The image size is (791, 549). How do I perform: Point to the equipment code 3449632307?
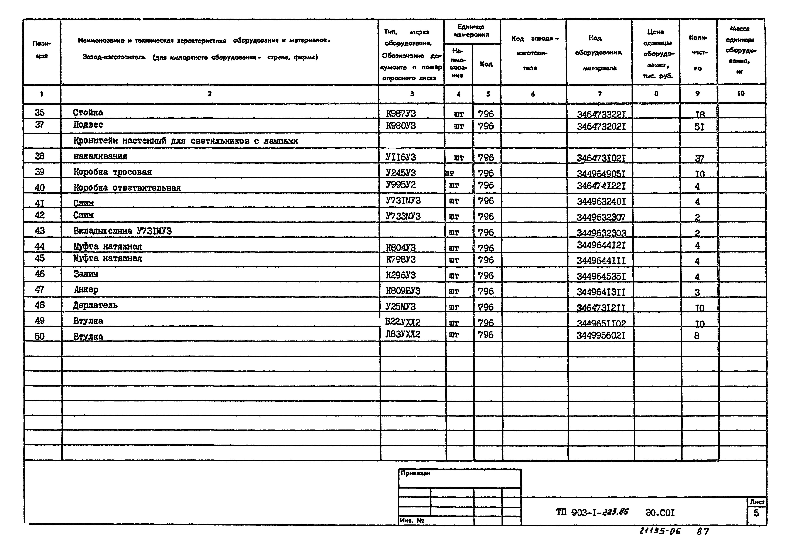601,217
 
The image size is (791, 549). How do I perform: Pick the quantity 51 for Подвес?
699,127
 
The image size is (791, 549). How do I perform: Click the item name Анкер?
86,290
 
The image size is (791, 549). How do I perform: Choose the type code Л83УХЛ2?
402,334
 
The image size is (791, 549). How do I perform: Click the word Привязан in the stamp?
415,473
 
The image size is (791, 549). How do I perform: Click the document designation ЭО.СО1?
660,513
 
